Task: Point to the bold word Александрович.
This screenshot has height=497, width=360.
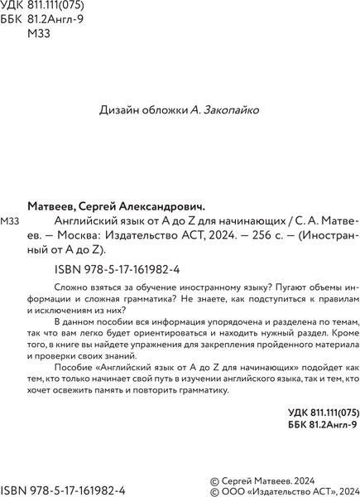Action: click(165, 208)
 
